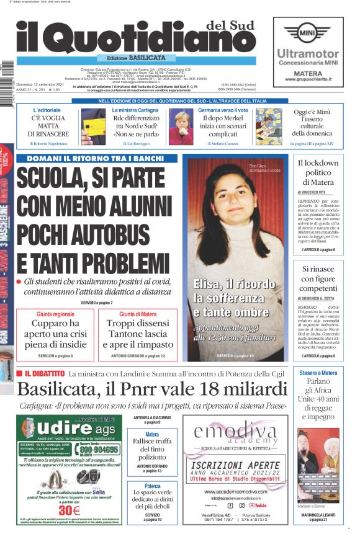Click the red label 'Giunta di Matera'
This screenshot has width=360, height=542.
tap(137, 314)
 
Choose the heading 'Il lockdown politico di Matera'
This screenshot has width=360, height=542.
tap(318, 172)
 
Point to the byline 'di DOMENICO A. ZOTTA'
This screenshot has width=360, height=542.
tap(318, 299)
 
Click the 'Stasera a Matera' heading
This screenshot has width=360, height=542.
tap(318, 373)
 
